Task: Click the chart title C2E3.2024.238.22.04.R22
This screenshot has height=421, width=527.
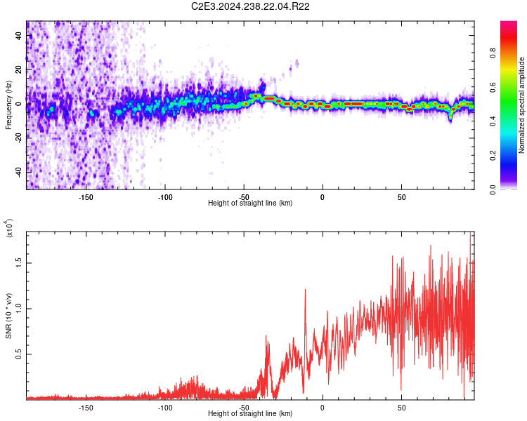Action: click(x=251, y=7)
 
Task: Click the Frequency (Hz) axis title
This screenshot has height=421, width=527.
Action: click(x=8, y=105)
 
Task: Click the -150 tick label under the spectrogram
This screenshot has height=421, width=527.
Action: click(x=86, y=197)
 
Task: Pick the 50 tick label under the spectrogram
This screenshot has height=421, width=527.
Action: click(x=401, y=197)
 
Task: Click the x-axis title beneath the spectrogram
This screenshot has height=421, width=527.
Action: click(x=250, y=203)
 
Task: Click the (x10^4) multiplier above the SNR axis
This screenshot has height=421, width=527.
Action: click(x=9, y=229)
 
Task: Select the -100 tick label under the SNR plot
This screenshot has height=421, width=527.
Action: click(x=164, y=408)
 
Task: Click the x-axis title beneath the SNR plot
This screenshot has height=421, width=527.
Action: click(x=250, y=414)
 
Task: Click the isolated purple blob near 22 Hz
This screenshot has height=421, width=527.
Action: click(x=297, y=64)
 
